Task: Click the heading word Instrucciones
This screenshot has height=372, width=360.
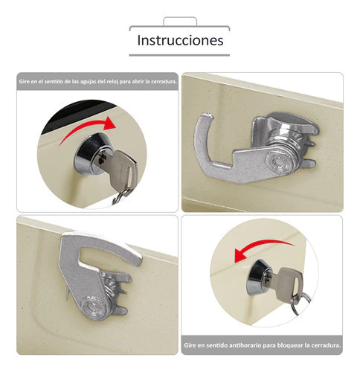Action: pos(180,40)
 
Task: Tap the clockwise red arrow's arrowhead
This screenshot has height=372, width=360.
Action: pos(110,124)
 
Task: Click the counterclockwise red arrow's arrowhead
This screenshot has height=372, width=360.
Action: pos(241,256)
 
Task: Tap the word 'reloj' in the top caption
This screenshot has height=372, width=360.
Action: pos(112,82)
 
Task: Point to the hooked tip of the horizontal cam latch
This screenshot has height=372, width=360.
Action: pos(207,116)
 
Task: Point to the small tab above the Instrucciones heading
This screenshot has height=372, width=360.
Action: pos(180,21)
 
